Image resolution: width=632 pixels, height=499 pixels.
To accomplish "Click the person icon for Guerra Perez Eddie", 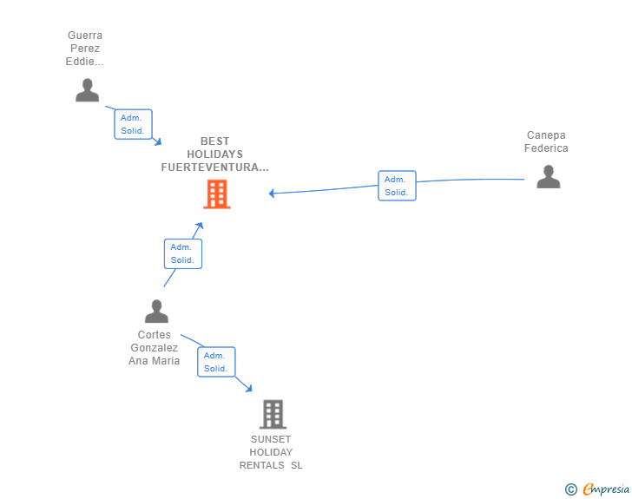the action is click(87, 90).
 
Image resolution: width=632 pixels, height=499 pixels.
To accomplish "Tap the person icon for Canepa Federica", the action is click(548, 176).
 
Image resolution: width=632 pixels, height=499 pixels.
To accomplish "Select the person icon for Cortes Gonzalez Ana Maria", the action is click(156, 312).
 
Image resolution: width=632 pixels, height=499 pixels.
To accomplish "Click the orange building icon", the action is click(217, 194).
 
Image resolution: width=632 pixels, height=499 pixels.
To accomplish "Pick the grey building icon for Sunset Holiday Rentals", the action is click(273, 414).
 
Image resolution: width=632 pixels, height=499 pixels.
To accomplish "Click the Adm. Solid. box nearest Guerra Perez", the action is click(133, 124).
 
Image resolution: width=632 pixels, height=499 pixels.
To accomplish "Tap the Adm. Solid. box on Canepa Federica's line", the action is click(397, 186).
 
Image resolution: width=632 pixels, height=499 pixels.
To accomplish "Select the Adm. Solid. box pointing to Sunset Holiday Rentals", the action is click(216, 362).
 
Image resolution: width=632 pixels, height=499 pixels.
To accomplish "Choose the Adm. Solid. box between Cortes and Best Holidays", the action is click(183, 253).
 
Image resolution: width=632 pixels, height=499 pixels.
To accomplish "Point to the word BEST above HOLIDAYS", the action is click(214, 141).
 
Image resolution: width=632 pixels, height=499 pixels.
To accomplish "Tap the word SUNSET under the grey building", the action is click(271, 439).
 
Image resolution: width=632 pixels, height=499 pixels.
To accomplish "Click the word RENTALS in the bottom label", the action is click(261, 465).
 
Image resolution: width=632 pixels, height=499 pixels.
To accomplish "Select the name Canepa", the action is click(546, 135).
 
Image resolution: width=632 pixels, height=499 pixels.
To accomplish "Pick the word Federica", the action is click(546, 148).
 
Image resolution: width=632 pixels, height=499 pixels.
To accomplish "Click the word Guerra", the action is click(85, 36).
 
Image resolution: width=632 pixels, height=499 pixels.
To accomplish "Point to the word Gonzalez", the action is click(154, 348).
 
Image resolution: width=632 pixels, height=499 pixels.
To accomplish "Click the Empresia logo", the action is click(606, 489).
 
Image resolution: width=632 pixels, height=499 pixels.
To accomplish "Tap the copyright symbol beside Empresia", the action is click(571, 489).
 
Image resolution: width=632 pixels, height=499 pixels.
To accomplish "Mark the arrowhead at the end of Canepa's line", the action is click(271, 194).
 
